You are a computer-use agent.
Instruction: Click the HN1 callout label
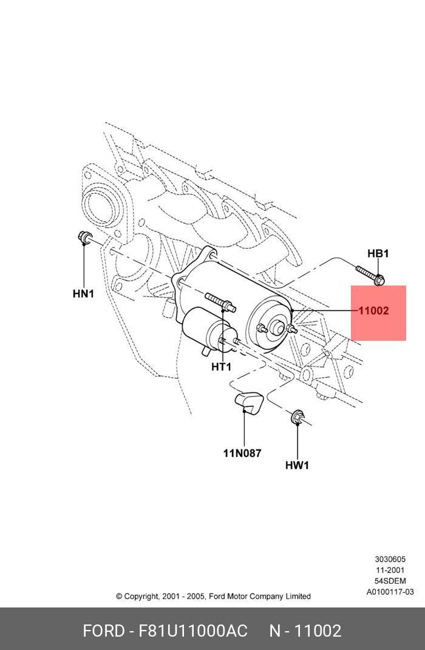[x=84, y=294]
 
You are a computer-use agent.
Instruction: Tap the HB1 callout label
[x=378, y=253]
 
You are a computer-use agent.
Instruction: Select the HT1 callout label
[x=222, y=366]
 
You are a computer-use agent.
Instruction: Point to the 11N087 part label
[x=242, y=453]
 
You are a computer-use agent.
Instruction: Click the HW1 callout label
[x=297, y=465]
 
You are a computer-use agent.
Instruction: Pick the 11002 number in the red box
[x=373, y=311]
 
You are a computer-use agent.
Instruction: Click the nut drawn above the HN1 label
[x=84, y=238]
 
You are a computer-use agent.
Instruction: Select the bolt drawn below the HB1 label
[x=369, y=275]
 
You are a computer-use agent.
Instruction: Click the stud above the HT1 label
[x=220, y=301]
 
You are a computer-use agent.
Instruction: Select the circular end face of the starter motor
[x=271, y=325]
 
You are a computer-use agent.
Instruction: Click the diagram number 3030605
[x=390, y=559]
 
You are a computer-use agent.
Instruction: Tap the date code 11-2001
[x=390, y=570]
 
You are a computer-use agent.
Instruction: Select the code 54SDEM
[x=390, y=581]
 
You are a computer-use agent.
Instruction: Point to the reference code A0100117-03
[x=390, y=592]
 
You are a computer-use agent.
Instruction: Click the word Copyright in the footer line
[x=141, y=597]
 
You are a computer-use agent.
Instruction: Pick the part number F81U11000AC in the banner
[x=193, y=631]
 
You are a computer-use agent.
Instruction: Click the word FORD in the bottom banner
[x=103, y=631]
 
